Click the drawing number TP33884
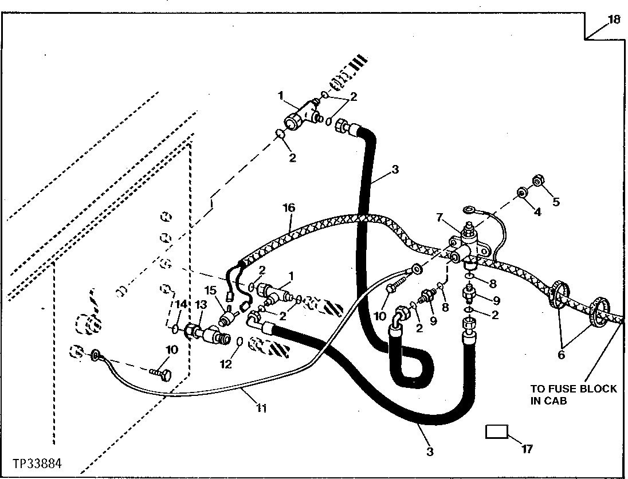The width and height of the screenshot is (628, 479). coord(38,464)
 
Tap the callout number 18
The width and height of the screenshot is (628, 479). coord(614,19)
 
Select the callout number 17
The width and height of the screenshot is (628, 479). coord(528,449)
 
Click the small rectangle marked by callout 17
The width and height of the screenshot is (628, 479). coord(497,432)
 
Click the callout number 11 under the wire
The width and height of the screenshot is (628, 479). coord(261,408)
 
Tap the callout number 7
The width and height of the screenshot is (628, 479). coord(439,218)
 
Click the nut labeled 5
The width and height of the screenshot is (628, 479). coord(537,182)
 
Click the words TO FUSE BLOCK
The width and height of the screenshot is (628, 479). coord(574,388)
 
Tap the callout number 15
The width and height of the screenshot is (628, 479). coord(211,289)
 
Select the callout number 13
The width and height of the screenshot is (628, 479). coord(201,304)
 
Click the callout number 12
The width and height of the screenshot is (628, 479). coord(226,364)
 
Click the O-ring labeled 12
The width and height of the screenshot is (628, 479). coord(240,341)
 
